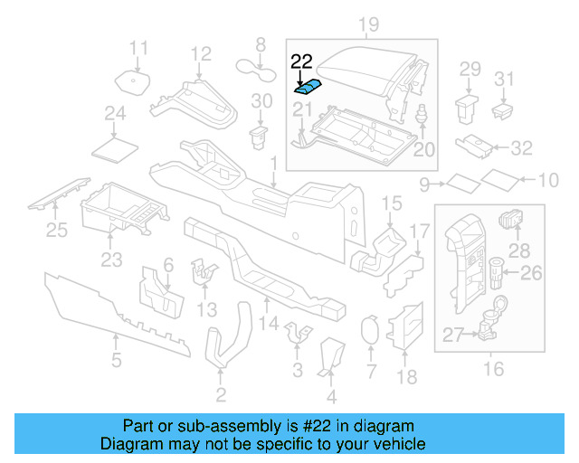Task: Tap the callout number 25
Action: point(56,231)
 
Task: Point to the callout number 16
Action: point(493,368)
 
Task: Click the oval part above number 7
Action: point(369,330)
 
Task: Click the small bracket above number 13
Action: point(204,269)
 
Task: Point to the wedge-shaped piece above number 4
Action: point(331,355)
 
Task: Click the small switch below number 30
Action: point(260,137)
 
